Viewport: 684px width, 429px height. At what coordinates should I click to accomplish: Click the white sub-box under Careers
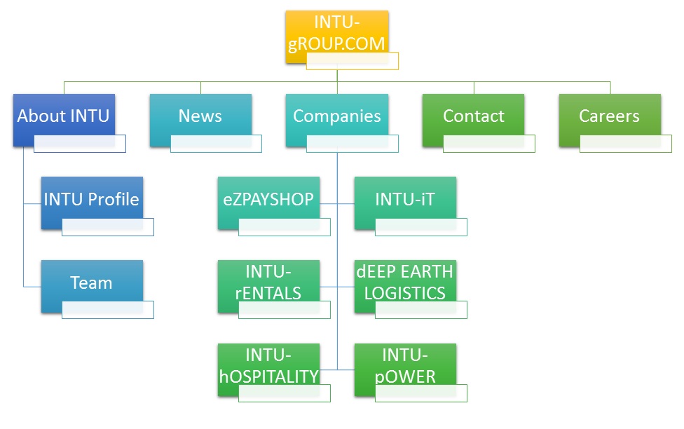625,144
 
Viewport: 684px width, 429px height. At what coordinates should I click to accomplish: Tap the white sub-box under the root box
353,61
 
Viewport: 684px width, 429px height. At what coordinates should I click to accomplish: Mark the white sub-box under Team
107,310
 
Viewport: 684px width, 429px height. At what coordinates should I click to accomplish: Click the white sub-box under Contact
489,144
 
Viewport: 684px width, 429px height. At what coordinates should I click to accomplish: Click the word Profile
114,200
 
